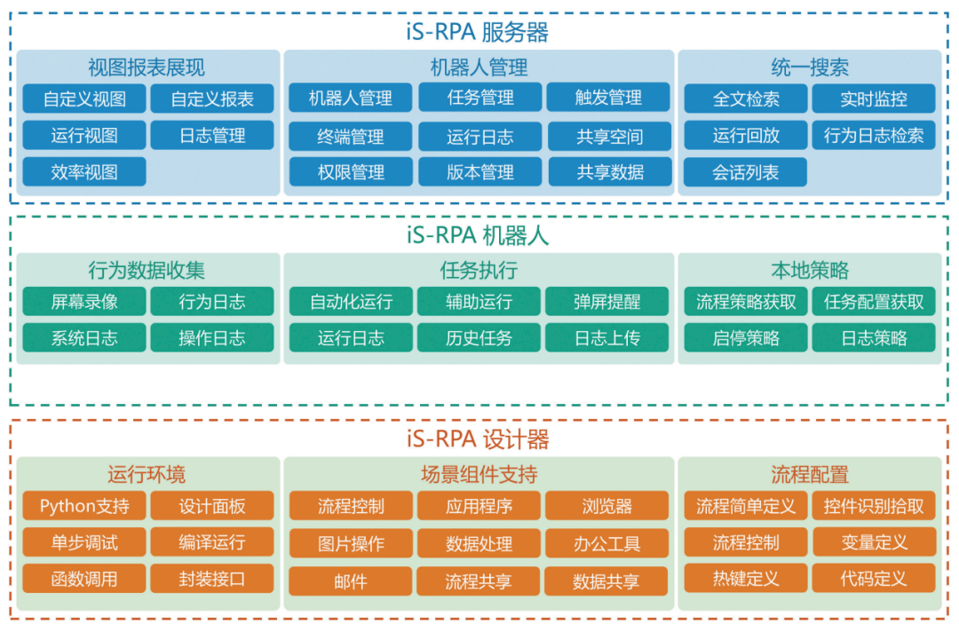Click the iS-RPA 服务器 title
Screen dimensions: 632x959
click(479, 33)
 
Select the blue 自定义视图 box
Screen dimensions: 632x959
click(84, 99)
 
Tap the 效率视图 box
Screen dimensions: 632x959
click(84, 171)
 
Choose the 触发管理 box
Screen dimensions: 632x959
click(608, 98)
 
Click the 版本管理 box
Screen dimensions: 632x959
click(479, 172)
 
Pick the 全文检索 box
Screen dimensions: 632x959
click(746, 99)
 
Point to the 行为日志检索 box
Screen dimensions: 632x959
click(873, 136)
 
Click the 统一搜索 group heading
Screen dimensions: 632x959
click(809, 67)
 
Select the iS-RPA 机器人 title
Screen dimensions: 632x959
click(479, 235)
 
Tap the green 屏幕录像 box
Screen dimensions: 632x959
click(84, 302)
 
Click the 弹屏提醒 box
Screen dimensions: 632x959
click(607, 302)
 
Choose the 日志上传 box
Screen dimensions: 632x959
click(607, 338)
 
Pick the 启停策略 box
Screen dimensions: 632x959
click(746, 338)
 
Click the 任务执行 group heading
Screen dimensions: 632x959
click(479, 271)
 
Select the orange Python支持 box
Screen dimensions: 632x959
click(84, 506)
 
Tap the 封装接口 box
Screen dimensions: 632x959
click(211, 579)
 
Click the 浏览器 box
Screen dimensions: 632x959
click(607, 506)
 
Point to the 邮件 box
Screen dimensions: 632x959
click(351, 581)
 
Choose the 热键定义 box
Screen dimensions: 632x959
click(746, 579)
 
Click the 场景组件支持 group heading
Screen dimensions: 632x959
click(479, 475)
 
